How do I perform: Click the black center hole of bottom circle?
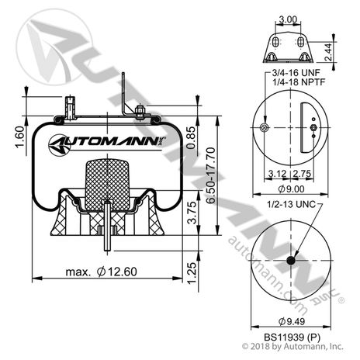coord(292,260)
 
